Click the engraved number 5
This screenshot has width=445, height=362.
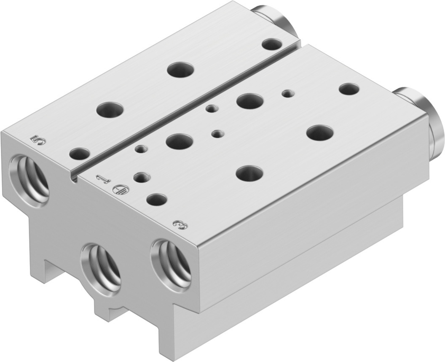[38, 139]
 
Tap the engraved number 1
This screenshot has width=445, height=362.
[102, 179]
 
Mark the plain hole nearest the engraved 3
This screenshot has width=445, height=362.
[157, 199]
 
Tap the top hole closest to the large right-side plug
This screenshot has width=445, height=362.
[348, 89]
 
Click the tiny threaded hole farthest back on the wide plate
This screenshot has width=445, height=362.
[288, 93]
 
